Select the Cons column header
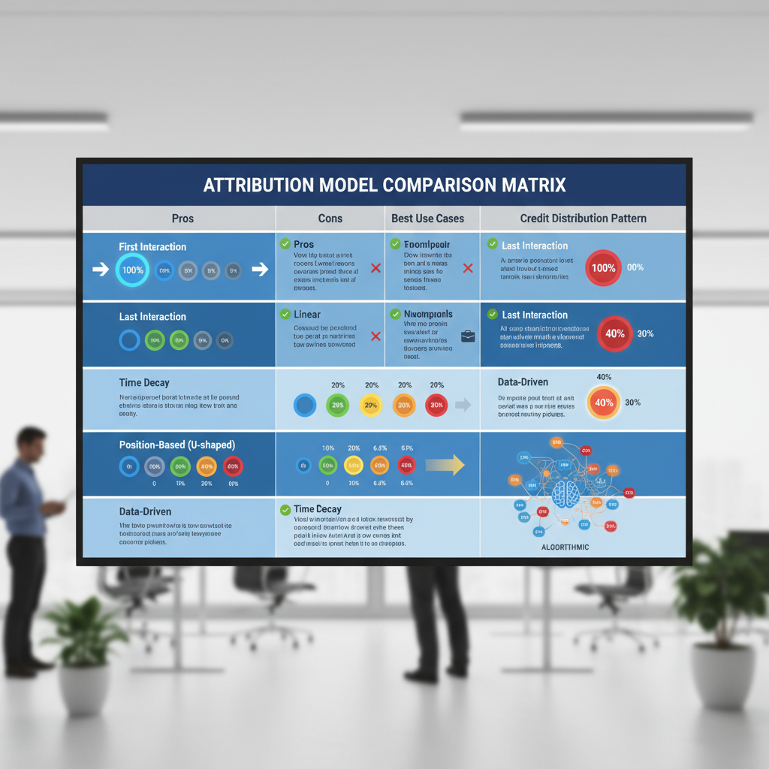pyautogui.click(x=330, y=219)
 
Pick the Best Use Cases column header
pyautogui.click(x=428, y=219)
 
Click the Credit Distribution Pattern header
pyautogui.click(x=583, y=219)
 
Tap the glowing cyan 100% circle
pyautogui.click(x=133, y=270)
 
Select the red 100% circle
pyautogui.click(x=604, y=267)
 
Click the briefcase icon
pyautogui.click(x=468, y=336)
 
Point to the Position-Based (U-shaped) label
pyautogui.click(x=177, y=445)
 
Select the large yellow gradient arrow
pyautogui.click(x=445, y=466)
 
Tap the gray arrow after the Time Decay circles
pyautogui.click(x=463, y=405)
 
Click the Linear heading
pyautogui.click(x=308, y=314)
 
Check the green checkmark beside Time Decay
pyautogui.click(x=285, y=510)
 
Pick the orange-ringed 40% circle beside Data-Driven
pyautogui.click(x=604, y=403)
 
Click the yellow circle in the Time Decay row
pyautogui.click(x=370, y=406)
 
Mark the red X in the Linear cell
pyautogui.click(x=376, y=336)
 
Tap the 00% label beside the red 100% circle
pyautogui.click(x=635, y=267)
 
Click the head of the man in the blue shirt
pyautogui.click(x=31, y=441)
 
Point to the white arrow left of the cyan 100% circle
pyautogui.click(x=100, y=270)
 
